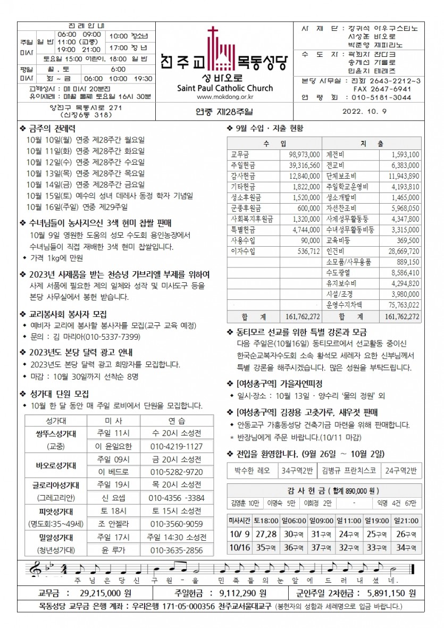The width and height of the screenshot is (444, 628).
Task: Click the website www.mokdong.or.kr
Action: [225, 97]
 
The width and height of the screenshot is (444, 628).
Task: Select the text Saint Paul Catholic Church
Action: [225, 88]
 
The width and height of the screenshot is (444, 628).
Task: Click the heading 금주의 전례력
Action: [51, 128]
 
